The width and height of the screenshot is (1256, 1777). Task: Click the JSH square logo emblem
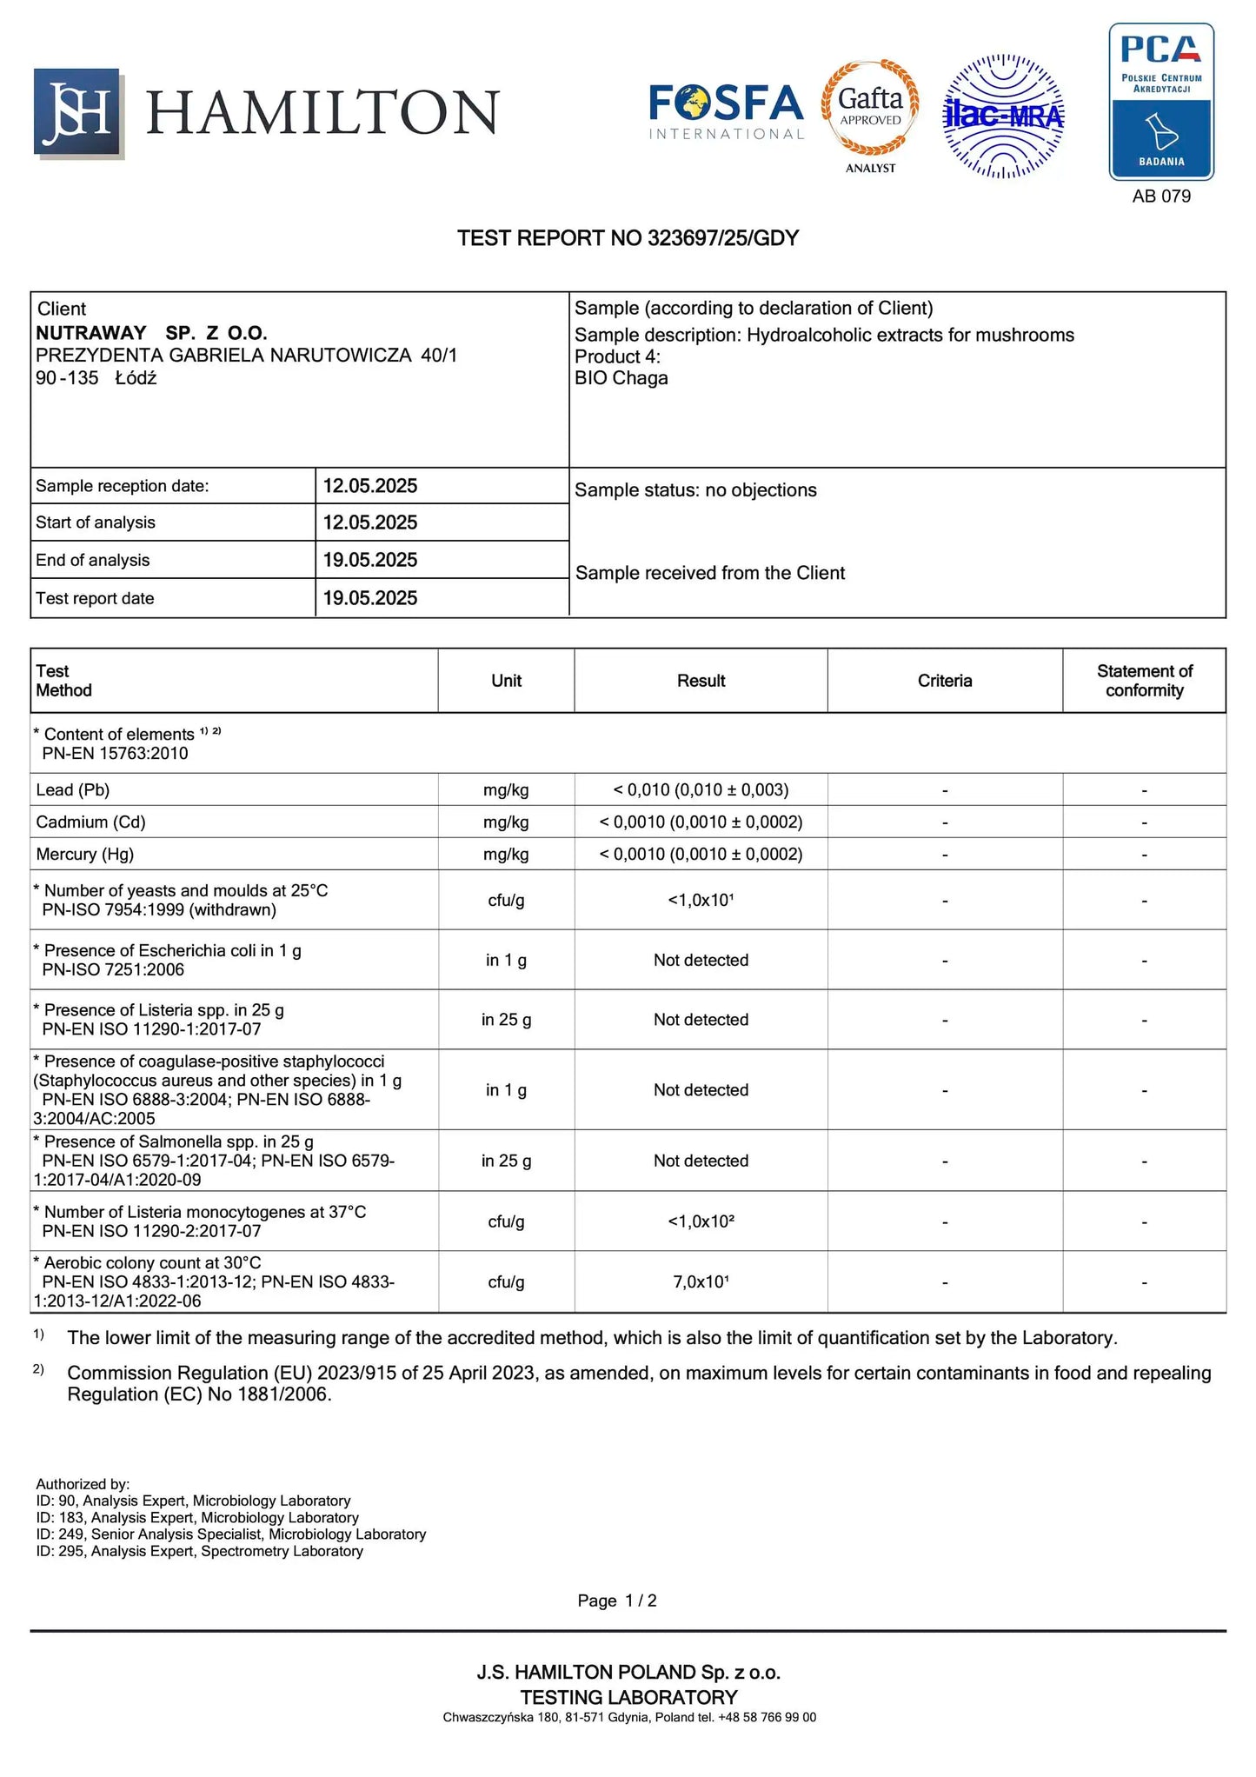(x=78, y=112)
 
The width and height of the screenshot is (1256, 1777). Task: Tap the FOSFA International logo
(x=727, y=111)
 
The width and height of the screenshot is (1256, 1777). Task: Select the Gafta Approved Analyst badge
(x=870, y=113)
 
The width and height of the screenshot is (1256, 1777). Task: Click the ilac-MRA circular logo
(x=1004, y=116)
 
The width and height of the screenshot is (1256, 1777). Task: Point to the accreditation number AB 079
(x=1160, y=196)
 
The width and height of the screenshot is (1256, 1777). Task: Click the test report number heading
(x=628, y=238)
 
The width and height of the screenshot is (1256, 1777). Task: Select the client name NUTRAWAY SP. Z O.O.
(x=151, y=333)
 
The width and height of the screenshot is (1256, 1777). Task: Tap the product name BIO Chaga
(x=621, y=378)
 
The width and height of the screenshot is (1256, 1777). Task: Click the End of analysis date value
(x=370, y=560)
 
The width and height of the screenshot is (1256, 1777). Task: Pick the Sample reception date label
(x=123, y=486)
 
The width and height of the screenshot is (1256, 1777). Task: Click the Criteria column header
(x=944, y=681)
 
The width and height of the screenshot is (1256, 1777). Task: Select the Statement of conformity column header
(x=1144, y=681)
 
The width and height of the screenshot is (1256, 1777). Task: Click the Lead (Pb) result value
(x=701, y=790)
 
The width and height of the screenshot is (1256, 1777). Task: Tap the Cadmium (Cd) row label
(x=90, y=822)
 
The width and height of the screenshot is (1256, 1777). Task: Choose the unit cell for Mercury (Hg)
(x=506, y=855)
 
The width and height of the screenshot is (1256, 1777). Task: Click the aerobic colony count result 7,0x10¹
(x=701, y=1281)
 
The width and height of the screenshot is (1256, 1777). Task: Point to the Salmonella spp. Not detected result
(x=701, y=1161)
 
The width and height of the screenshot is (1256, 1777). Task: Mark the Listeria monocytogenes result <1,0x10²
(x=701, y=1221)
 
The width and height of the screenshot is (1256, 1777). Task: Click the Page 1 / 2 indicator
(x=617, y=1601)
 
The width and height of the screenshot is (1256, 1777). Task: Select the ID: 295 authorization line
(x=199, y=1551)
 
